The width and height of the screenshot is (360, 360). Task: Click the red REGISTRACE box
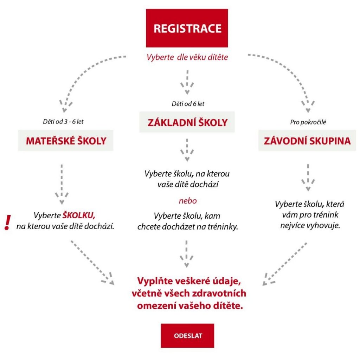pos(187,28)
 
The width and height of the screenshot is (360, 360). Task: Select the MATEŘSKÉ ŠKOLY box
pos(66,140)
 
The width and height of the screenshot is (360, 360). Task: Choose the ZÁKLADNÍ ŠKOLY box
pos(187,122)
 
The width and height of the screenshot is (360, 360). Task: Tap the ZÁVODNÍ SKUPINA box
pos(307,140)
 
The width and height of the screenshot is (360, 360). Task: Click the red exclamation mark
pos(8,222)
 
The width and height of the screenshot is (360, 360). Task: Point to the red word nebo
pos(188,201)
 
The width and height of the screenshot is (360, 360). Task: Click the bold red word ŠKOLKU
pos(79,215)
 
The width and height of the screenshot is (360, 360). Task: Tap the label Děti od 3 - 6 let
pos(63,121)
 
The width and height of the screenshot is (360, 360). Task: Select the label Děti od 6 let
pos(188,104)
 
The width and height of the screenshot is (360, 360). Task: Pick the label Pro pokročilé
pos(308,122)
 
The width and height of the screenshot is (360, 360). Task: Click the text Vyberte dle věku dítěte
pos(187,57)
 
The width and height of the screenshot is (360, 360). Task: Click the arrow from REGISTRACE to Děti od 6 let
pos(187,82)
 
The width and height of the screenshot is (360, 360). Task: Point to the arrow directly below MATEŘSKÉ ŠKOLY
pos(62,184)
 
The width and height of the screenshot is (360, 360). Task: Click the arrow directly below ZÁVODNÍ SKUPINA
pos(308,178)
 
